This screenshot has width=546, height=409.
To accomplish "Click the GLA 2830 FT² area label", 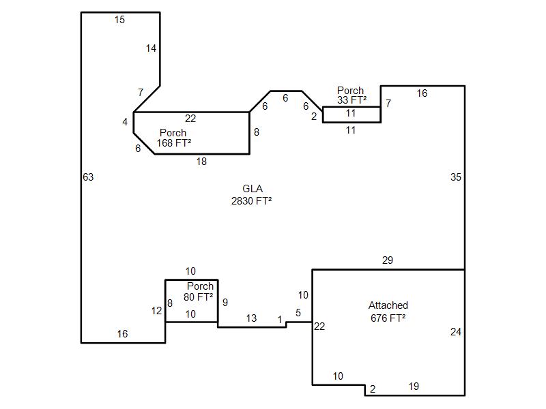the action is point(251,195).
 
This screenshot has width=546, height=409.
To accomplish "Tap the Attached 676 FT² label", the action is point(388,312).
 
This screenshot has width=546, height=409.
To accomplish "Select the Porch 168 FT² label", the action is point(173,138).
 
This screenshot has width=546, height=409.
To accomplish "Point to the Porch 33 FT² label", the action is point(351,95).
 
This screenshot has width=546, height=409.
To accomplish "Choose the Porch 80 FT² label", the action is point(199,292).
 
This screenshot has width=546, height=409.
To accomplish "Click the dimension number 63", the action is point(88,177).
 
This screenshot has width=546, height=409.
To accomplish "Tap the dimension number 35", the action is point(455,177).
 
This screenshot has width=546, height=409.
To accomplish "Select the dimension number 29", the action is point(387,260).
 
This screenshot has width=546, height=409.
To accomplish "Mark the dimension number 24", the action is point(455,332).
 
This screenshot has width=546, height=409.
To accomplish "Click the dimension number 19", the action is point(414,387).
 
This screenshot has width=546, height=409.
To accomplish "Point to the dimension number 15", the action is point(119,20).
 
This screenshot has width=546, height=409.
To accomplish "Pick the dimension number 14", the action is point(151,48).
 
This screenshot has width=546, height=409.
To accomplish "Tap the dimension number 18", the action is point(201,162).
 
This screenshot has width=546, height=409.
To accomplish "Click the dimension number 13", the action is point(251,318).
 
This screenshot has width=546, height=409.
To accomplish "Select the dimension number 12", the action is point(157,311).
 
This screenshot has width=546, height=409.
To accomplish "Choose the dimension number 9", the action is point(225,303).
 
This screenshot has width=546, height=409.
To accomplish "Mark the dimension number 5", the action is point(298,313).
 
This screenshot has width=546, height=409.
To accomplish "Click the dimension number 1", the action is point(280,320).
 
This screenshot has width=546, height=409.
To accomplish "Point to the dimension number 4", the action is point(125,122).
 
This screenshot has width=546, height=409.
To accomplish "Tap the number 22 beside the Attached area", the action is point(319,327).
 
